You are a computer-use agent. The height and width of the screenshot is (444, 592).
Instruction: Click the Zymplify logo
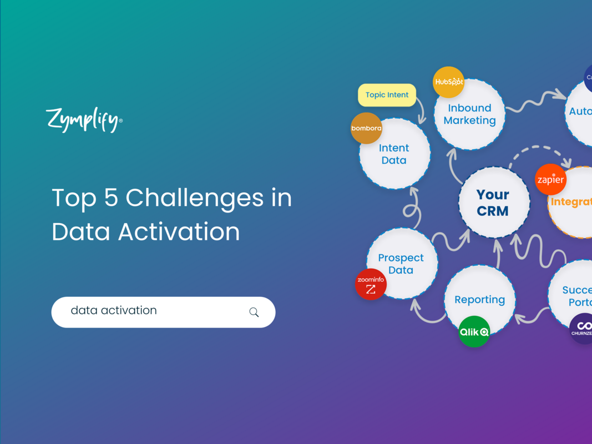(84, 119)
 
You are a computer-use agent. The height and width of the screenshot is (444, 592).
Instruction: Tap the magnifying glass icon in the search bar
(254, 312)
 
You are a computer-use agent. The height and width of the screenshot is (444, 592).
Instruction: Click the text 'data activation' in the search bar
(114, 311)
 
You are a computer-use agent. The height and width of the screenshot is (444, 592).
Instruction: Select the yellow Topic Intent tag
(387, 95)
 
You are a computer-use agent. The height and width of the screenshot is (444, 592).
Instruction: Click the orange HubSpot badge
(448, 82)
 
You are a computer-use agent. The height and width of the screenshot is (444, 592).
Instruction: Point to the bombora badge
(366, 128)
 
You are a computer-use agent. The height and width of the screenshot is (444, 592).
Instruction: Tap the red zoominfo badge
(371, 284)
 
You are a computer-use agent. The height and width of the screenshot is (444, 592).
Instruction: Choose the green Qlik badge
(474, 332)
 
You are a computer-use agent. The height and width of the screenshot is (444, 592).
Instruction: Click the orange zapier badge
(550, 180)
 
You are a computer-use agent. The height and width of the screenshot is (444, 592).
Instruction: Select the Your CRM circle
(493, 203)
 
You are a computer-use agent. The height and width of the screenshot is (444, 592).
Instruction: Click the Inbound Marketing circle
(469, 114)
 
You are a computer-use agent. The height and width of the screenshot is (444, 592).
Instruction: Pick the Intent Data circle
(394, 154)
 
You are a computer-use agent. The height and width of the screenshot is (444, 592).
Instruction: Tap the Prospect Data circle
(401, 264)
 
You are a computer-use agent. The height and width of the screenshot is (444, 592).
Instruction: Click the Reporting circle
(479, 300)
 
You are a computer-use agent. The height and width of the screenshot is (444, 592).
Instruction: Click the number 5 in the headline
(111, 198)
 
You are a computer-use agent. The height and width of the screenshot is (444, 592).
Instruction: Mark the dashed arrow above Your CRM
(541, 151)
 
